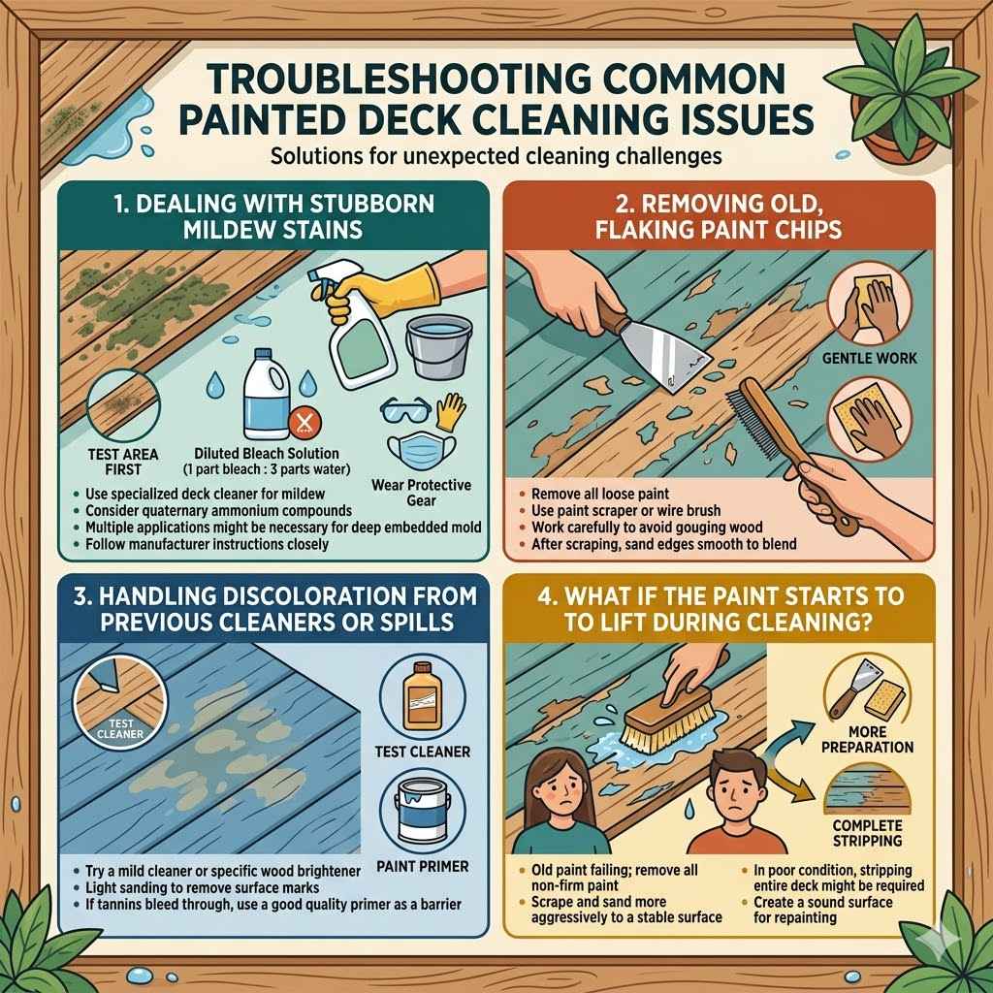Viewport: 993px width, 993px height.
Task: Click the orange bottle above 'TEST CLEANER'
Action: pyautogui.click(x=420, y=690)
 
